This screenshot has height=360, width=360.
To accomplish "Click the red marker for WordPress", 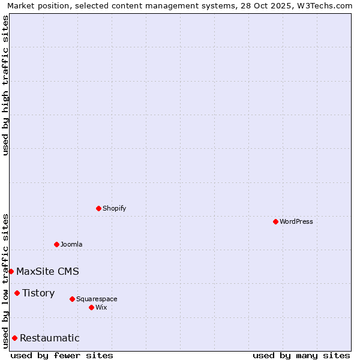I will [x=275, y=221].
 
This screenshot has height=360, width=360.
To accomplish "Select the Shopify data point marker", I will [x=98, y=208].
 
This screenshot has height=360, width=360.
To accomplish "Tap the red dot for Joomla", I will [x=56, y=244].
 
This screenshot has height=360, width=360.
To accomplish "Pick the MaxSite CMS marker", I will [x=11, y=271].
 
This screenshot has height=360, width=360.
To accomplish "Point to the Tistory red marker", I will [x=17, y=293].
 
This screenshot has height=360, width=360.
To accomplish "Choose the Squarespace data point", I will [x=72, y=299].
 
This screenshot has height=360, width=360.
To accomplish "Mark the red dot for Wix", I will [x=91, y=307].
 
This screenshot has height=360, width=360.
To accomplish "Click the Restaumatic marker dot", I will [x=14, y=338].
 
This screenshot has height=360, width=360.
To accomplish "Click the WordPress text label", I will [x=296, y=221].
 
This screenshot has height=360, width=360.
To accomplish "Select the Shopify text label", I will [x=115, y=208].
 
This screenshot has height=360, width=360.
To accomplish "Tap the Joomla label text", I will [x=71, y=244].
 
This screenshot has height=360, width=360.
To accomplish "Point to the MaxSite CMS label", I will [x=47, y=271].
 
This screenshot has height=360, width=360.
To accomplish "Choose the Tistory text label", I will [x=38, y=293].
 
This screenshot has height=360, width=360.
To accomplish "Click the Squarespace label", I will [x=97, y=299].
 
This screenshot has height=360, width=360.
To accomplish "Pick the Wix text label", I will [x=101, y=307].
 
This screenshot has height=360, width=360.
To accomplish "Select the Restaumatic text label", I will [x=49, y=338].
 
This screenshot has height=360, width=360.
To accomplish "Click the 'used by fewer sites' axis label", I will [x=62, y=355].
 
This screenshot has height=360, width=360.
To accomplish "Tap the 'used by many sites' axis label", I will [x=301, y=355].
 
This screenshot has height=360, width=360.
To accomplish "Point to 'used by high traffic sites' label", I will [x=5, y=85].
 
